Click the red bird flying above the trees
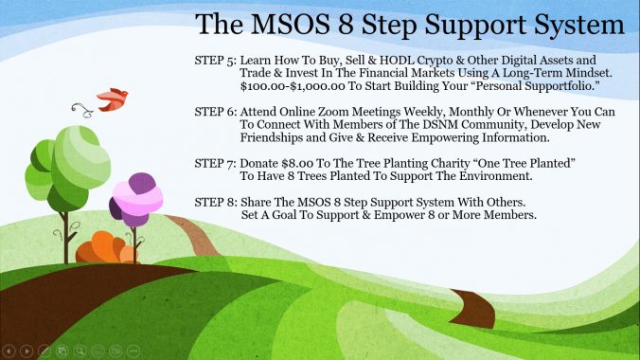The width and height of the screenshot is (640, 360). [113, 99]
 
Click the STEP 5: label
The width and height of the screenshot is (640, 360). [216, 61]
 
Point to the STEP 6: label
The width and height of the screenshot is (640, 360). [216, 112]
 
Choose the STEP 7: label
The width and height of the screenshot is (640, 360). [216, 164]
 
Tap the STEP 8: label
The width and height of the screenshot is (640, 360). [216, 203]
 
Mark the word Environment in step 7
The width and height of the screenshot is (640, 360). [496, 176]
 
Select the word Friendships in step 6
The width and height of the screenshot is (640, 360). [271, 137]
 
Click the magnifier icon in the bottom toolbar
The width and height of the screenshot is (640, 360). [80, 351]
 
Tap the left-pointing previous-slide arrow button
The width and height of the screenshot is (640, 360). [9, 351]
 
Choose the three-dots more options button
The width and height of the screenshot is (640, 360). [133, 351]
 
